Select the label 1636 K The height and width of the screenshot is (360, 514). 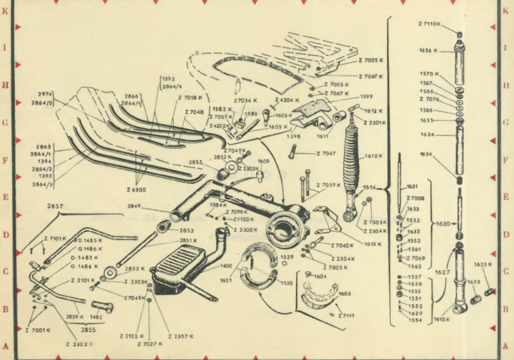pyautogui.click(x=428, y=51)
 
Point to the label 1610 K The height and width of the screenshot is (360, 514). pyautogui.click(x=374, y=156)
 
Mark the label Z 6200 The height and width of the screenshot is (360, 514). pyautogui.click(x=136, y=190)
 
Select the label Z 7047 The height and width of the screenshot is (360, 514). pyautogui.click(x=325, y=153)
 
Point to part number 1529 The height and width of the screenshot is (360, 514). pyautogui.click(x=286, y=256)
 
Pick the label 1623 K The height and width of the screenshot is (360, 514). pyautogui.click(x=483, y=264)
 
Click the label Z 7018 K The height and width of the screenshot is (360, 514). pyautogui.click(x=191, y=97)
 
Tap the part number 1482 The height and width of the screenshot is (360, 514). pyautogui.click(x=96, y=317)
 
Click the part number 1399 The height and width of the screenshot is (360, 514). pyautogui.click(x=366, y=96)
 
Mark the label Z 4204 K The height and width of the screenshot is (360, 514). pyautogui.click(x=287, y=100)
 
